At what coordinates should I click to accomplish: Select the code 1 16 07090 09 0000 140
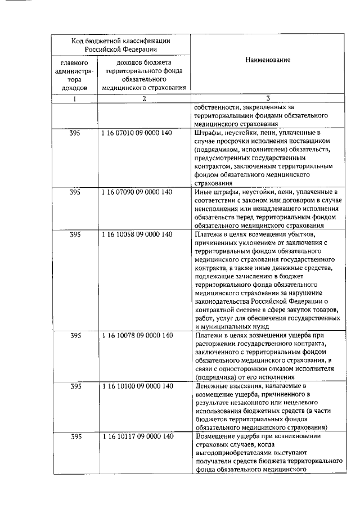coord(137,192)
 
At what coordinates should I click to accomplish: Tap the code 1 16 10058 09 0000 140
coord(137,234)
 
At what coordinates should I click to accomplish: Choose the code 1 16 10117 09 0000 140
coord(137,436)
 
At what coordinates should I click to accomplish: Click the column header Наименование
coord(268,59)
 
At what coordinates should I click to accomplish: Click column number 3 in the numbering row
coord(268,99)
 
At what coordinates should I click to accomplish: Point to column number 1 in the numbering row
coord(74,99)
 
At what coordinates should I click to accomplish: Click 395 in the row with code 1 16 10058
coord(75,234)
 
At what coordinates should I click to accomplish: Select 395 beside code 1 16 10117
coord(75,436)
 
